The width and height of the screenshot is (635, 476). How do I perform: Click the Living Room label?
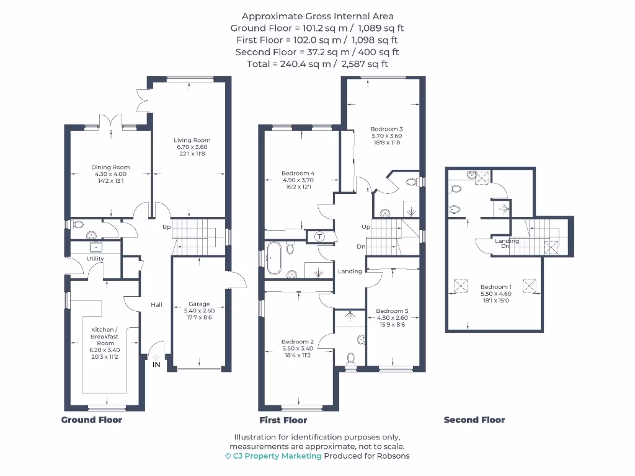click(x=192, y=140)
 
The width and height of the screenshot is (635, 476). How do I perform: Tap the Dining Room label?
click(x=110, y=167)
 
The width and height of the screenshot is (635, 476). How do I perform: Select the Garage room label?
click(x=199, y=304)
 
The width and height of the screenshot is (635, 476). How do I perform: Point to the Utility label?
click(x=95, y=258)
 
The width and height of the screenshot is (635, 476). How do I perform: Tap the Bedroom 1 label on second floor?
click(x=496, y=287)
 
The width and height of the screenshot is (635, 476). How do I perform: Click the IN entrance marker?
click(x=156, y=364)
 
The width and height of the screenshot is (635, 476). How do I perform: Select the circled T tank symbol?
click(x=320, y=236)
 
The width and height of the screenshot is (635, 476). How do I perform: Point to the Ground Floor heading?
click(x=92, y=420)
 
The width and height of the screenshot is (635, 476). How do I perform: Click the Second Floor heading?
click(x=474, y=420)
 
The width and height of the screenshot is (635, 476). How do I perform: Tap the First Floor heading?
click(x=283, y=420)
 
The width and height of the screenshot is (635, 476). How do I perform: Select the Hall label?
click(x=156, y=304)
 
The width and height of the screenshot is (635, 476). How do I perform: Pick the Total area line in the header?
click(x=317, y=64)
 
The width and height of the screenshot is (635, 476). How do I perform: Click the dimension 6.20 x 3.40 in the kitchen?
click(x=102, y=350)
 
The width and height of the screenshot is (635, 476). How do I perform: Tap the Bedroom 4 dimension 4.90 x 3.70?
click(x=298, y=180)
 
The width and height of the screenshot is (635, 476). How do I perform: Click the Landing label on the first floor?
click(x=350, y=271)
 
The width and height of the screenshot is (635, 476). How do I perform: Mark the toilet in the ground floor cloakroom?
click(x=77, y=224)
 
